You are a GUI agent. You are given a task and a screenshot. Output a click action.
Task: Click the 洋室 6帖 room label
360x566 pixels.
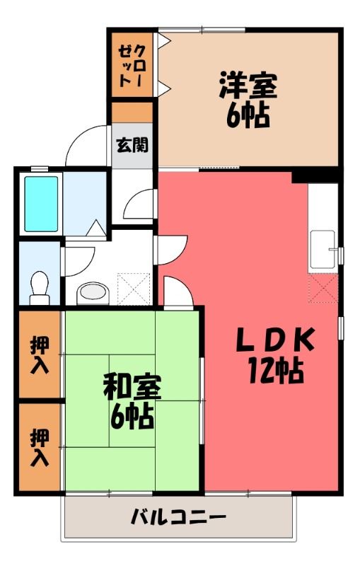248,100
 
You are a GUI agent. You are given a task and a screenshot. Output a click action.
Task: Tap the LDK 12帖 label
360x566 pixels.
275,356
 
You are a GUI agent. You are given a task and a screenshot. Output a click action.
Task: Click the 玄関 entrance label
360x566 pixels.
132,145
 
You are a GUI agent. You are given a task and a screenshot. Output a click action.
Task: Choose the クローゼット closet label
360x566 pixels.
132,65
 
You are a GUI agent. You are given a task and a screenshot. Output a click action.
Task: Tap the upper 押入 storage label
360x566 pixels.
40,354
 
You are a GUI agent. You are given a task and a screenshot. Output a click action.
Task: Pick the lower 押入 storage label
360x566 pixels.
40,447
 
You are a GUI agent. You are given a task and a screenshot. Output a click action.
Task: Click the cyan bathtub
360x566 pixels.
41,204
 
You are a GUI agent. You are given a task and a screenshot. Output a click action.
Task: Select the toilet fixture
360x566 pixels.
40,288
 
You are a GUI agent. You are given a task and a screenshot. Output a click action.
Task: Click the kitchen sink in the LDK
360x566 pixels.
323,250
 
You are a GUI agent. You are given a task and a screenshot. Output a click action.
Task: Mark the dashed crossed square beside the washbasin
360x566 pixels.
134,289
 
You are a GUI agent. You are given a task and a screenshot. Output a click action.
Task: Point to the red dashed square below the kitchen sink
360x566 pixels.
323,288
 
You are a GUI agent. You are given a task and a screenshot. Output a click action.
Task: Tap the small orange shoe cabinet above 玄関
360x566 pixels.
132,112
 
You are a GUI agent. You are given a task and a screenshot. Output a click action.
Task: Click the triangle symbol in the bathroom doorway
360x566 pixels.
96,228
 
